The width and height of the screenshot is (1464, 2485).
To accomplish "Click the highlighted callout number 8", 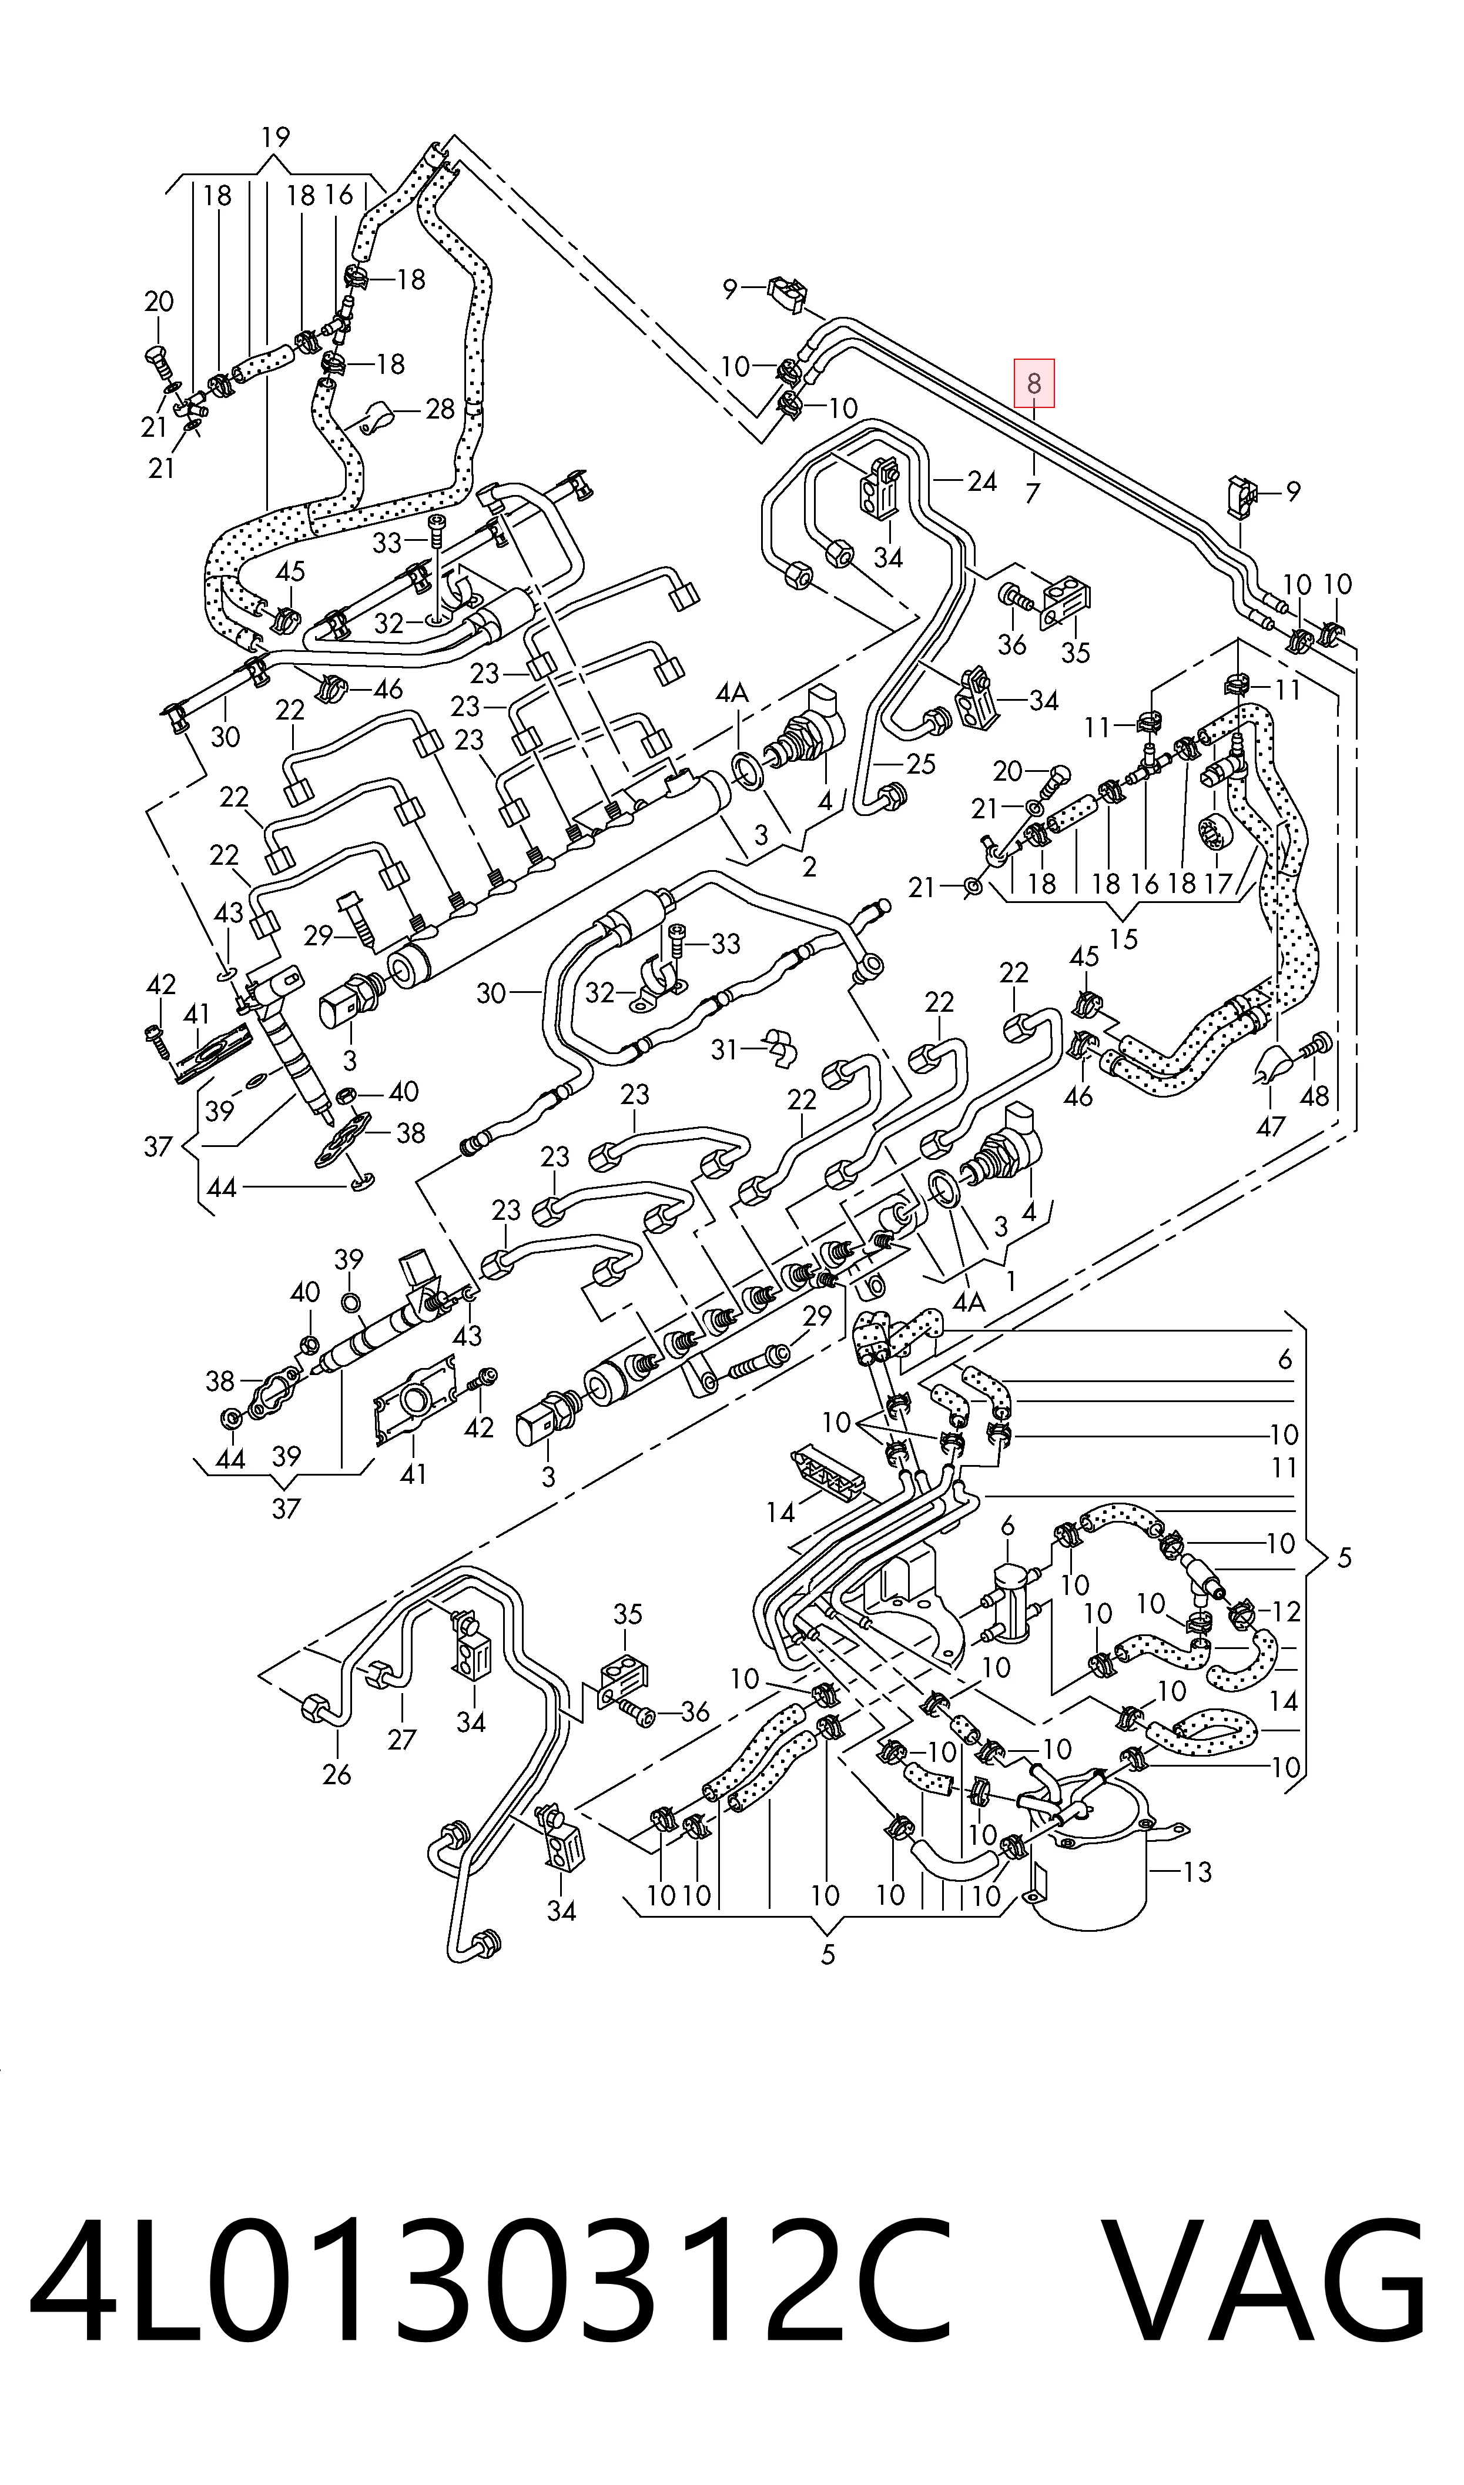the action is pos(1034,383).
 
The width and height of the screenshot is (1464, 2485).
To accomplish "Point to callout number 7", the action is pos(1033,491).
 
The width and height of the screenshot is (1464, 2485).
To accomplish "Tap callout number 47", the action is pos(1271,1126).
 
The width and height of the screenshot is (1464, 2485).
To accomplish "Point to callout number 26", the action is pos(336,1775).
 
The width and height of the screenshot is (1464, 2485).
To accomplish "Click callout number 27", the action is pos(401,1739).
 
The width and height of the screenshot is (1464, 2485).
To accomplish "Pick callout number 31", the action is pos(725,1049).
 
